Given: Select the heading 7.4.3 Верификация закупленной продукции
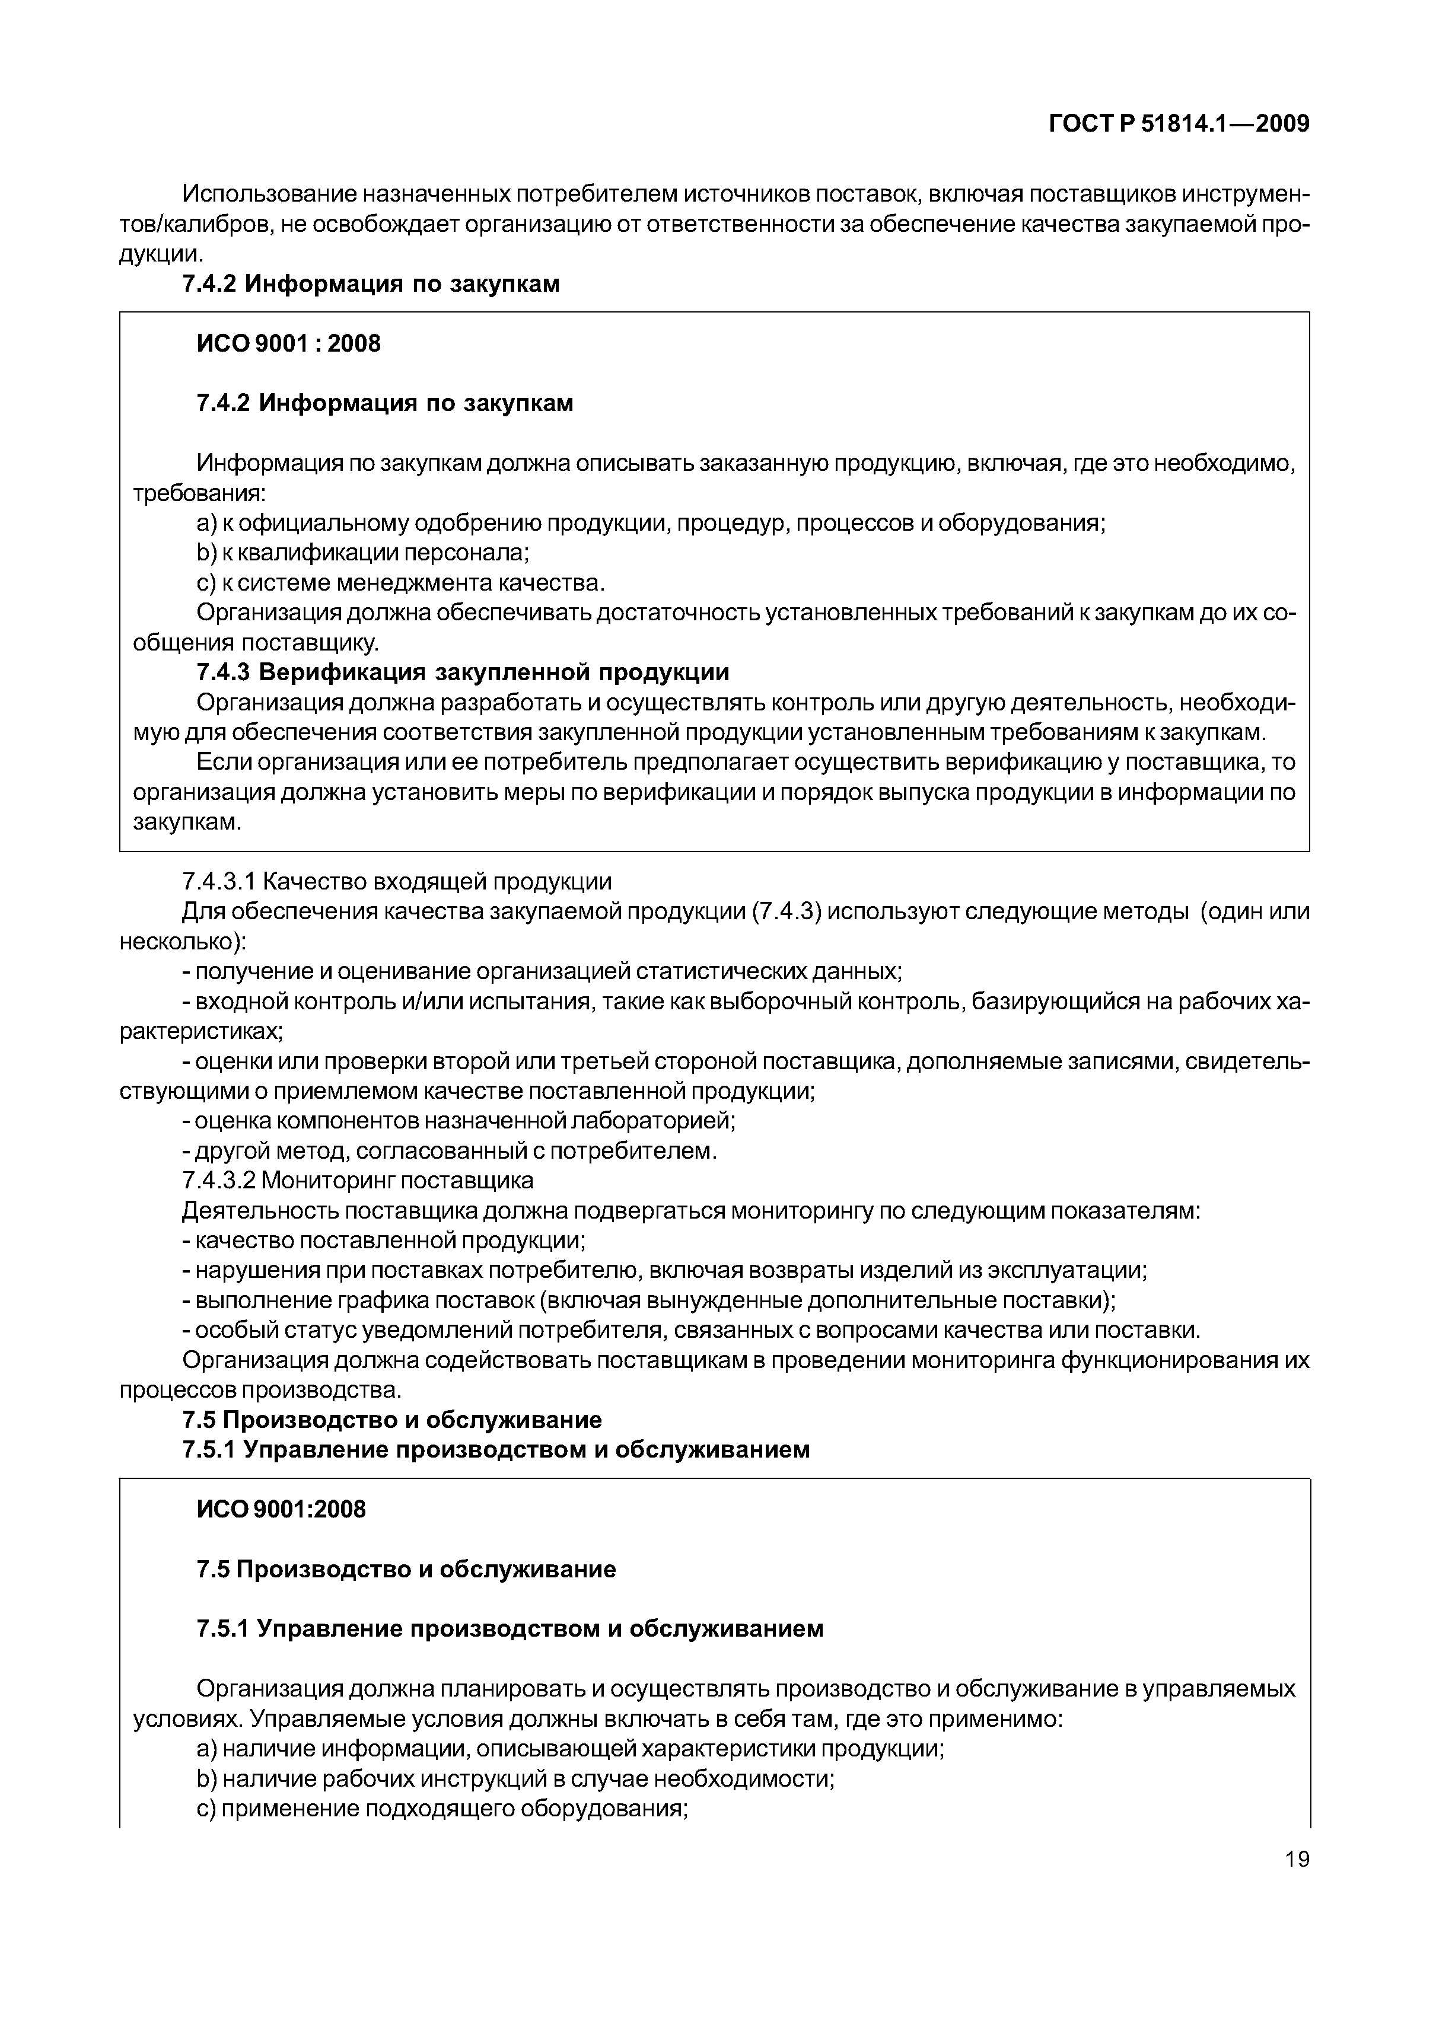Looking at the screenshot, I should (x=462, y=672).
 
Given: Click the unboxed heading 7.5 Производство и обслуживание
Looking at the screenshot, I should (x=392, y=1419).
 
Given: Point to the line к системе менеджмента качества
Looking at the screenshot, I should (x=401, y=583).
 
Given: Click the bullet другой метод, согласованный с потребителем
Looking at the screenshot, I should (x=450, y=1151).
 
